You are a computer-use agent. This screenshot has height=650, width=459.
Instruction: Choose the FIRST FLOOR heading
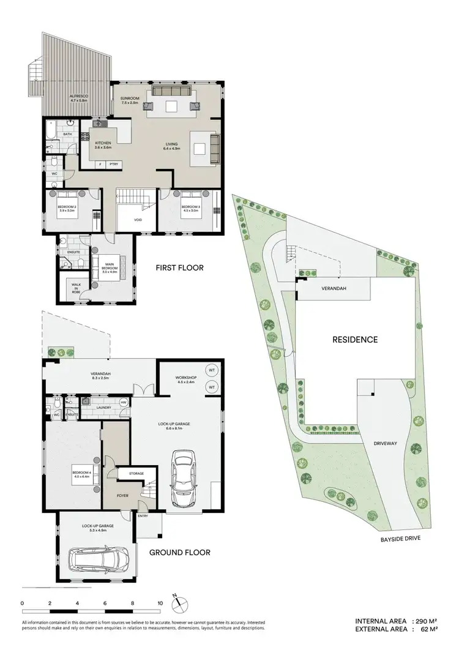tap(179, 267)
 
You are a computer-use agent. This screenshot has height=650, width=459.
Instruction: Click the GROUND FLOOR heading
tap(180, 552)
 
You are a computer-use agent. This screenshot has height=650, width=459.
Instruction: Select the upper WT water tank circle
tap(211, 371)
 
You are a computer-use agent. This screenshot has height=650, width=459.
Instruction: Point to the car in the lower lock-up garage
tap(99, 558)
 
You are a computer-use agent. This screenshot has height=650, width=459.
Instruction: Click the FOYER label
tap(122, 495)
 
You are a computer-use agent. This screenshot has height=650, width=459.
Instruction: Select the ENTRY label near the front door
tap(143, 516)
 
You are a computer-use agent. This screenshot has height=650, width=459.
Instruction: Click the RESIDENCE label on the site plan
tap(354, 339)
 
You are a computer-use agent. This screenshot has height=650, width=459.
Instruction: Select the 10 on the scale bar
tap(160, 603)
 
